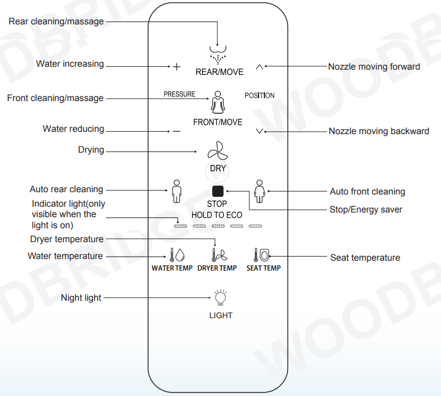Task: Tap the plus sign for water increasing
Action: coord(177,67)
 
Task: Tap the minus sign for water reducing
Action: coord(177,131)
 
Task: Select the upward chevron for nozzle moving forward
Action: coord(259,66)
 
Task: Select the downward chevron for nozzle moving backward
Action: coord(259,131)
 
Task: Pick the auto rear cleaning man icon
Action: coord(177,191)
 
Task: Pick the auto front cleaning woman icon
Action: coord(259,191)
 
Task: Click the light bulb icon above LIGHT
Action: coord(220,298)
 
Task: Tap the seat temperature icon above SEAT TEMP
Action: coord(262,255)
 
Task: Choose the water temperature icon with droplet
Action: coord(177,255)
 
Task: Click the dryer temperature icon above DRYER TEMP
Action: coord(218,255)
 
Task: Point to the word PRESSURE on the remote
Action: coord(180,94)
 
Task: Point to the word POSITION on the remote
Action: coord(259,95)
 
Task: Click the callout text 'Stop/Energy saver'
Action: coord(365,209)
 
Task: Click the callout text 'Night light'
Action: coord(81,298)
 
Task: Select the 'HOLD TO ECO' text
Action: coord(217,215)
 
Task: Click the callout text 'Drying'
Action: coord(91,150)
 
